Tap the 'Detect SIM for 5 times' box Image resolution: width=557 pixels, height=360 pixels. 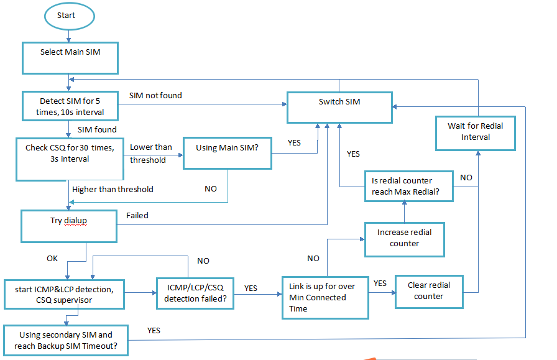pos(70,107)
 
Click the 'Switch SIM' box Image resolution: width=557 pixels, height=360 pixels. pos(339,107)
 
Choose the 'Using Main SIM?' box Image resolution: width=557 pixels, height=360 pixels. pos(227,152)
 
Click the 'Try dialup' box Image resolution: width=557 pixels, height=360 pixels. pos(69,226)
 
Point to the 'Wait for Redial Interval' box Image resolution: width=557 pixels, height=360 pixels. pos(476,131)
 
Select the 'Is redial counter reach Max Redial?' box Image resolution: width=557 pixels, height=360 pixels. pos(408,186)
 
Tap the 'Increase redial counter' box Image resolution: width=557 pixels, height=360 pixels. pos(404,239)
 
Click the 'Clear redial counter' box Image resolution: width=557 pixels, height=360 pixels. pos(428,291)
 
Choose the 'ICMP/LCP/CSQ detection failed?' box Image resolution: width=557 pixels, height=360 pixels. pos(195,293)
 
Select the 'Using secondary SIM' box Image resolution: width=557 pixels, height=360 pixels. pos(66,339)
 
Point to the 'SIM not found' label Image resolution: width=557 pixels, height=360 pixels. pos(155,95)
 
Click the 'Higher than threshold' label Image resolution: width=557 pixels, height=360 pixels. pos(113,189)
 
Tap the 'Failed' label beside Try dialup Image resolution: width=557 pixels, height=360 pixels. pos(137,216)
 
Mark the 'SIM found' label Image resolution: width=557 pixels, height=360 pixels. pos(97,129)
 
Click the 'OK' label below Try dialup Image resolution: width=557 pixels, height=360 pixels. pos(52,257)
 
